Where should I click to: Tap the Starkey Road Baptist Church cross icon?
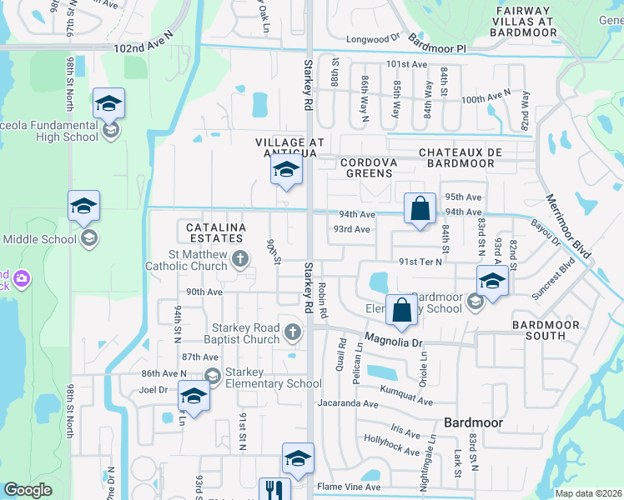[x=292, y=333]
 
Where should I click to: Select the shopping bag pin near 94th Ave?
[x=420, y=208]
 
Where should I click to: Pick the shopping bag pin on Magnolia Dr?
[x=401, y=310]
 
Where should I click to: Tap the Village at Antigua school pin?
[x=285, y=172]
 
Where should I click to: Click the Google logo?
[x=28, y=490]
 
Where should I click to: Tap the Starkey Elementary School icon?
[x=212, y=377]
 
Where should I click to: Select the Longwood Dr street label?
[x=374, y=39]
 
